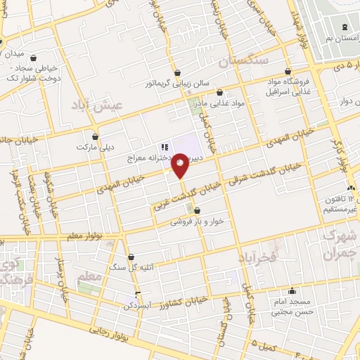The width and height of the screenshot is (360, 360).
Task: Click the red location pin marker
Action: click(181, 165)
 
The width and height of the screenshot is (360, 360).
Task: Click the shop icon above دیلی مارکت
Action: click(95, 136)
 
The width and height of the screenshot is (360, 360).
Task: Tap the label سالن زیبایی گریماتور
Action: click(179, 84)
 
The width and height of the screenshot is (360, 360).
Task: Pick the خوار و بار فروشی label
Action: click(197, 221)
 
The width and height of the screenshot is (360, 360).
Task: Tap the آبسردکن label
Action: click(139, 307)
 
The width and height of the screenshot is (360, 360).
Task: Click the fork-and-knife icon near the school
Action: click(163, 147)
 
